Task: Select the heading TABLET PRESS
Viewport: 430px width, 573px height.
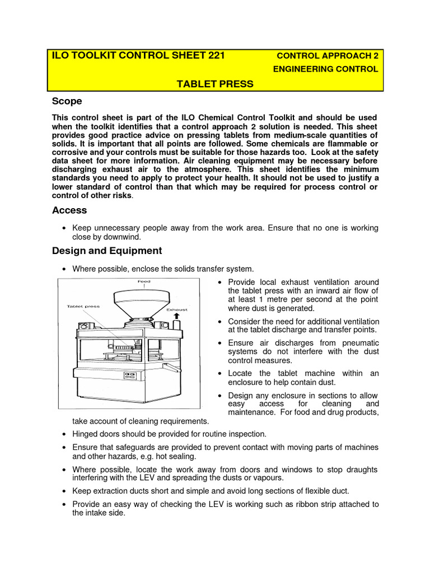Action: click(x=215, y=84)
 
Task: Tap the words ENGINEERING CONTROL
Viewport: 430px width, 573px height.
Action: click(x=325, y=69)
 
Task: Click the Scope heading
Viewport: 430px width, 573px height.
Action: click(x=67, y=101)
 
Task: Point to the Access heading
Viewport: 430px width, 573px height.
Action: click(x=69, y=210)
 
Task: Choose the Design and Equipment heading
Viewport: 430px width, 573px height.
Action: click(x=107, y=251)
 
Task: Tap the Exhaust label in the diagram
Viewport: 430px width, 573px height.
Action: click(x=177, y=309)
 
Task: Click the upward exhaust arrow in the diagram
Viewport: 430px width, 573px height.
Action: click(x=177, y=317)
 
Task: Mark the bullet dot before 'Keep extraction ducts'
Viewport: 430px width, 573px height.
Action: click(x=65, y=491)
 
